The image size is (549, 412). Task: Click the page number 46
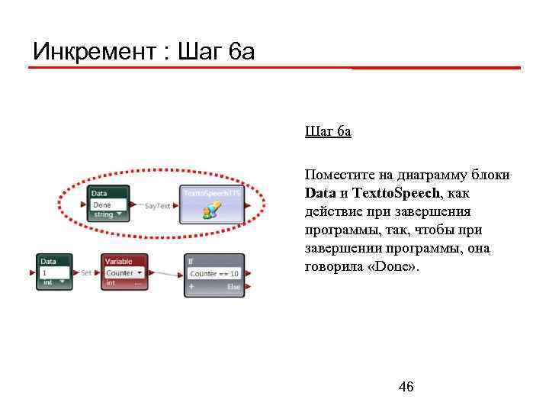tap(406, 388)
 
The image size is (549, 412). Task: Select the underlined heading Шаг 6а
tap(328, 132)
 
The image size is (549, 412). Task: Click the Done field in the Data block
tap(108, 204)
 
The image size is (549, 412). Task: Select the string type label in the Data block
tap(103, 214)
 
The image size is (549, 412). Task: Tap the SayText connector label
tap(157, 205)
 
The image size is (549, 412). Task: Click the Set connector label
tap(87, 272)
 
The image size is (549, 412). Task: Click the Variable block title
tap(118, 262)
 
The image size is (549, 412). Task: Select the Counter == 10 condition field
tap(214, 273)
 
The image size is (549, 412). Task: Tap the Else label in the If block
tap(233, 286)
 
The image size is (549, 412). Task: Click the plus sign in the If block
tap(191, 286)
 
